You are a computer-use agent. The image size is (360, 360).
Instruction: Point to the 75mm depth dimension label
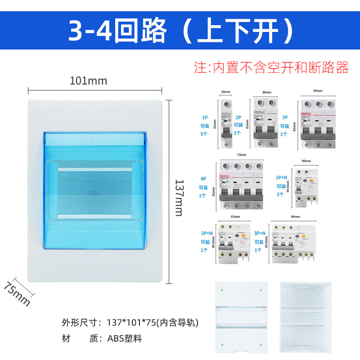[17, 293]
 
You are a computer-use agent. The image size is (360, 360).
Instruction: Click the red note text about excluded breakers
[271, 67]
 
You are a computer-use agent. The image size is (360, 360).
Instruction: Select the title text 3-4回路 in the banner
[118, 30]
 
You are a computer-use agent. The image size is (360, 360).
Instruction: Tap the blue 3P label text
[284, 117]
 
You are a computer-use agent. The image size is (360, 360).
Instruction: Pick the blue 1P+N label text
[281, 178]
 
